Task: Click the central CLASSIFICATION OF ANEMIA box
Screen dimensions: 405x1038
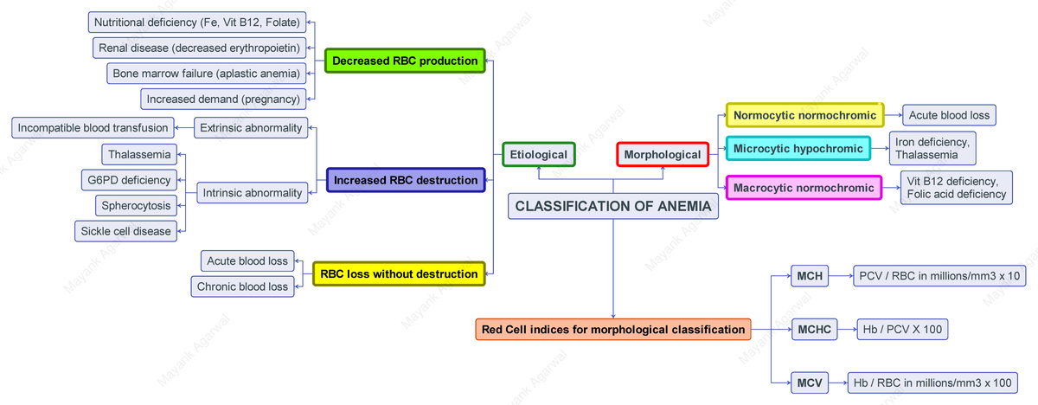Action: (x=613, y=206)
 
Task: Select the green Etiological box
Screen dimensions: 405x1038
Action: (x=538, y=155)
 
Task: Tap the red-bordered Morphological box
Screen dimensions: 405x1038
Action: (x=663, y=155)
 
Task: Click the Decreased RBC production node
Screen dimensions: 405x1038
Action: (x=405, y=61)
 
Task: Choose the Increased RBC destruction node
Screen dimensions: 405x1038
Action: (x=405, y=180)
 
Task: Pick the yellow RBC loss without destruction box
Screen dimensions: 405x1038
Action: (x=399, y=273)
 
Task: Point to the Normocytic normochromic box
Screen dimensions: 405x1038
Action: (x=804, y=115)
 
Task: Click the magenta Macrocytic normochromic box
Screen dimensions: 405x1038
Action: (x=804, y=188)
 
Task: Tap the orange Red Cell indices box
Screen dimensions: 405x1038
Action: (x=613, y=329)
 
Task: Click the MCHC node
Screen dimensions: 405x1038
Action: (x=814, y=329)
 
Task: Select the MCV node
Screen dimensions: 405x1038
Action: (x=810, y=382)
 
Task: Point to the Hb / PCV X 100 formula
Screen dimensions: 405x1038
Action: (x=901, y=329)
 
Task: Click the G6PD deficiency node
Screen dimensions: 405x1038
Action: (x=128, y=180)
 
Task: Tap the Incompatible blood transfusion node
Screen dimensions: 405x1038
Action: (x=93, y=128)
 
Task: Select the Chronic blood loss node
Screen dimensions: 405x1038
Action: (x=242, y=286)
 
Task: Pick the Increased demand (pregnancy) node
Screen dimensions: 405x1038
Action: (x=223, y=99)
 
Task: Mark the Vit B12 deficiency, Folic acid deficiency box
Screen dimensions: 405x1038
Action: (x=957, y=188)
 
